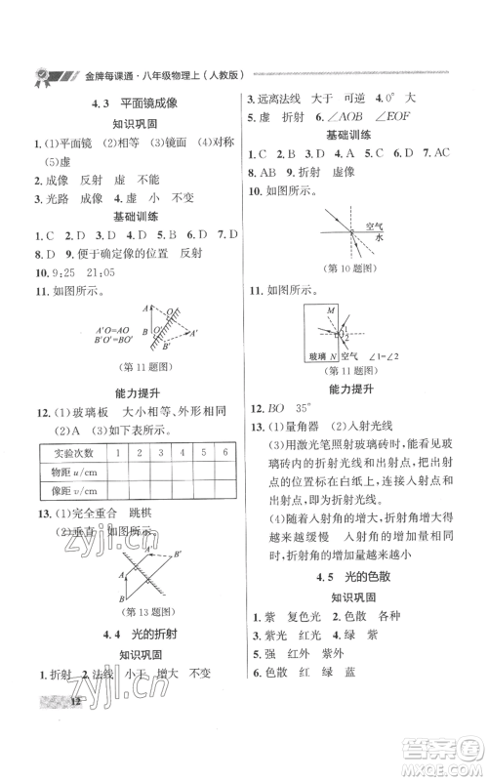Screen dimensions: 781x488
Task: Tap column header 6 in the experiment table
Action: click(x=225, y=452)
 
